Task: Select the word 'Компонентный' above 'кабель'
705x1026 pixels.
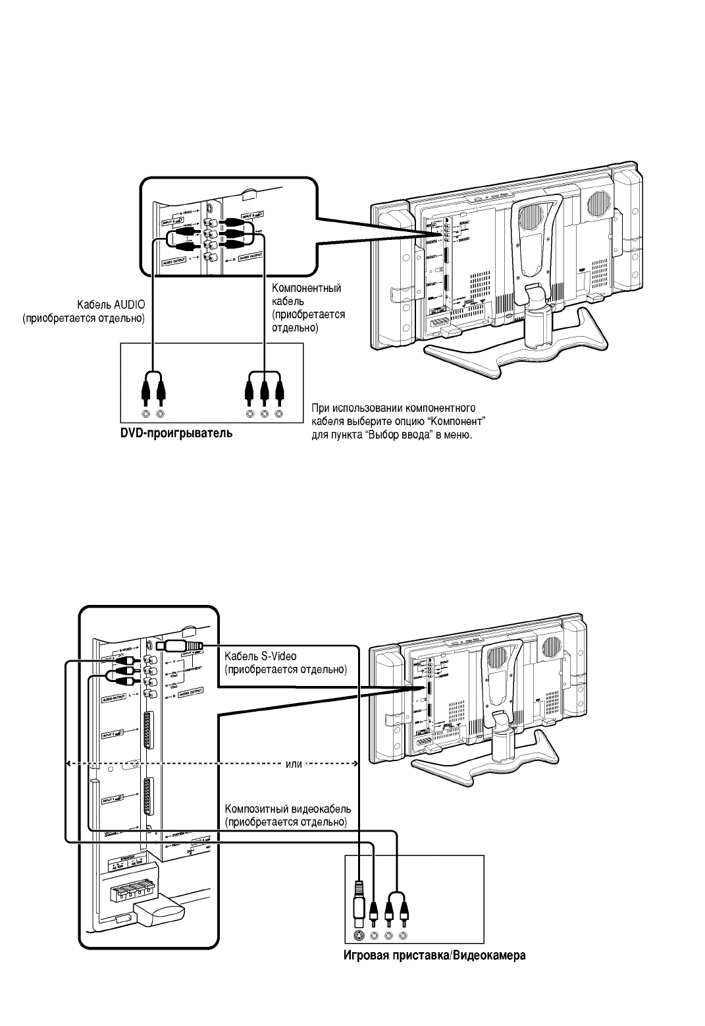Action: click(307, 288)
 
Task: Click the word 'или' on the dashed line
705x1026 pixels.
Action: click(294, 764)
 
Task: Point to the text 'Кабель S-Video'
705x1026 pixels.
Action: click(261, 656)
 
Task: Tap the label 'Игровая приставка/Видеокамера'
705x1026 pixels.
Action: click(434, 955)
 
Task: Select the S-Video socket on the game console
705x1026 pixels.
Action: click(358, 935)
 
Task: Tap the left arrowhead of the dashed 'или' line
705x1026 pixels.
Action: click(68, 764)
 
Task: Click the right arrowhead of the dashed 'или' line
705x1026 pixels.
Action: click(355, 764)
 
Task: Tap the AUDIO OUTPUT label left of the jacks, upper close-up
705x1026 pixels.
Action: click(174, 263)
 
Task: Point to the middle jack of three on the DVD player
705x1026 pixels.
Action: click(265, 414)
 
